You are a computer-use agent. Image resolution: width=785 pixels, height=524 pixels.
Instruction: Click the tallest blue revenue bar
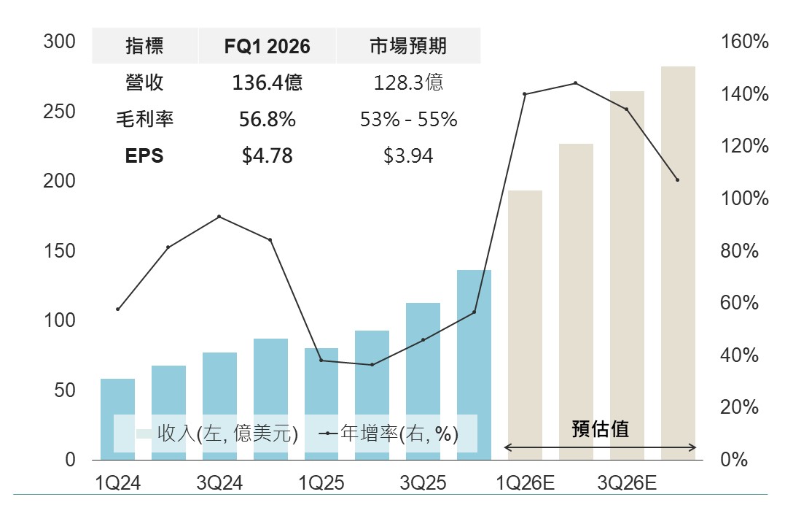[474, 365]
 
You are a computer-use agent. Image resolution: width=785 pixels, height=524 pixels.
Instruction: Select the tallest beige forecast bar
[678, 263]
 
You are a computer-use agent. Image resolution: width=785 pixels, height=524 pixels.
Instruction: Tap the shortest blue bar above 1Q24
[117, 419]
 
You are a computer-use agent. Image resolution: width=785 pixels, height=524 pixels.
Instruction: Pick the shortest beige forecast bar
[525, 325]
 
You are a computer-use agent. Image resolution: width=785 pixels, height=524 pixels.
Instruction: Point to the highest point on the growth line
[576, 83]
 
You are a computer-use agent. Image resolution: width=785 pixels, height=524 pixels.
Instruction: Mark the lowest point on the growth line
[372, 364]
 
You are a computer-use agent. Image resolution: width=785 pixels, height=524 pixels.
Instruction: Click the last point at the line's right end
[677, 180]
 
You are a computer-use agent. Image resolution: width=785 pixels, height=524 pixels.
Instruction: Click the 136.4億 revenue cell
[267, 82]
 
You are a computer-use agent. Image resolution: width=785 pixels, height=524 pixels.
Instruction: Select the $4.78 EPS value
[267, 155]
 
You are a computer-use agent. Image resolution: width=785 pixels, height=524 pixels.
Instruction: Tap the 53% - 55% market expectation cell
[408, 119]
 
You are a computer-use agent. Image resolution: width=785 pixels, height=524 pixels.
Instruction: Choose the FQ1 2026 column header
[267, 46]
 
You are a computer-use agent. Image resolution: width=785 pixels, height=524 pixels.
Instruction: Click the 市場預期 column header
[408, 46]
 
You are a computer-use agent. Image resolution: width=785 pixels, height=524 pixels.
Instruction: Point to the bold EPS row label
[144, 155]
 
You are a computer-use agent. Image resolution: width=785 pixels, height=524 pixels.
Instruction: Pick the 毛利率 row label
[144, 119]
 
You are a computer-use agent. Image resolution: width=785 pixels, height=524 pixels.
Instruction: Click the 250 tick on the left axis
[60, 112]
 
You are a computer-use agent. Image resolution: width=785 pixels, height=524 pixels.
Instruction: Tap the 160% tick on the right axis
[744, 42]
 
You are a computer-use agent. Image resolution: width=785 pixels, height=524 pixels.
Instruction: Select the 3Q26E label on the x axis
[627, 482]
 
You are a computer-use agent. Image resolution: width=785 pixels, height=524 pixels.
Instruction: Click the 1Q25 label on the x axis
[321, 482]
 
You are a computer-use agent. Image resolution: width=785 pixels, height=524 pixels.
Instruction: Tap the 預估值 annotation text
[600, 429]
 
